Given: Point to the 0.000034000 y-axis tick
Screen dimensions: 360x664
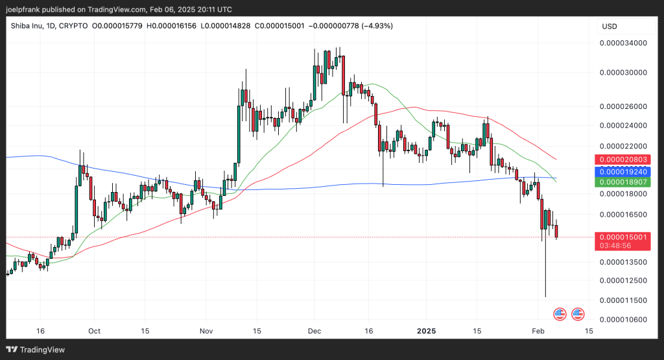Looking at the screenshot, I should click(x=623, y=43).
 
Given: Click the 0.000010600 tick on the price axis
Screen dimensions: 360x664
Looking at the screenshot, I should click(x=623, y=319).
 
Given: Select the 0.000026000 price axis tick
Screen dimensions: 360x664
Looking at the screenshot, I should click(x=623, y=106).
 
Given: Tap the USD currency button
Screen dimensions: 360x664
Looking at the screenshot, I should click(x=610, y=27).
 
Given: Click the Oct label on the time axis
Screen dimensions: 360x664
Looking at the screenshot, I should click(x=94, y=331).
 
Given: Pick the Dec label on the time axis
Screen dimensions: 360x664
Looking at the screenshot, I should click(x=315, y=331).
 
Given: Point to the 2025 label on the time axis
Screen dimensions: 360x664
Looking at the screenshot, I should click(x=426, y=331).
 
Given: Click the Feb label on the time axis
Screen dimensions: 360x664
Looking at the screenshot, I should click(x=537, y=331).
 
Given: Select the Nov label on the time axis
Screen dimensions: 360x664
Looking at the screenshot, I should click(x=206, y=331).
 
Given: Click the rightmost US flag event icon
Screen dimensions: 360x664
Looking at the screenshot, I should click(x=577, y=315).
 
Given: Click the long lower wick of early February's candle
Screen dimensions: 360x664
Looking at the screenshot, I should click(x=545, y=272).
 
